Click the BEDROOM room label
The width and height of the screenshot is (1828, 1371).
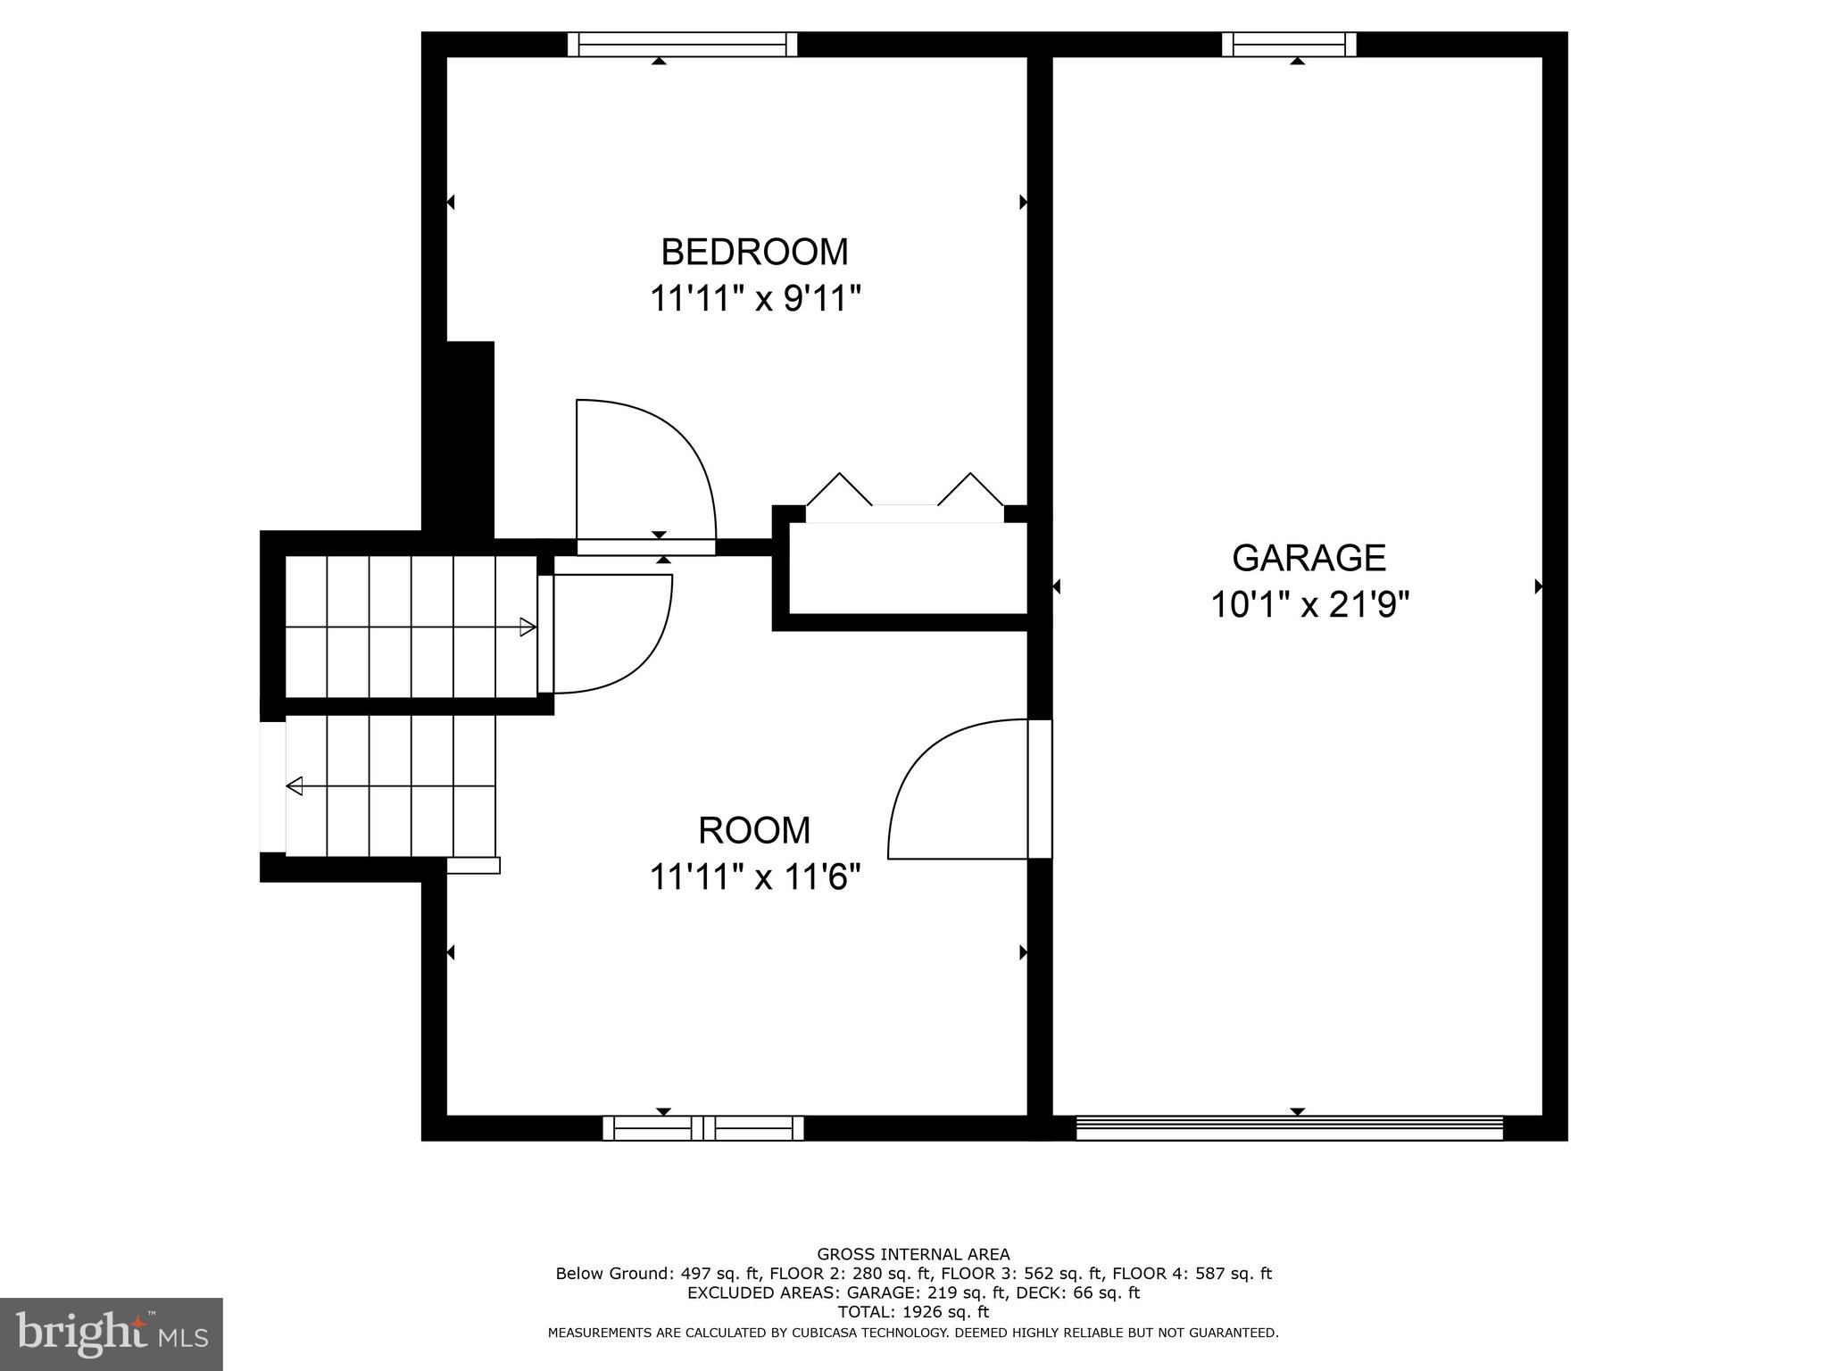click(x=754, y=253)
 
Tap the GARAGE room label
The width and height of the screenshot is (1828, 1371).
click(x=1309, y=558)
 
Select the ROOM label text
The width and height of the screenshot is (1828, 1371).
click(x=754, y=831)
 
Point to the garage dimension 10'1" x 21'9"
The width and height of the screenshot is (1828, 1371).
click(x=1309, y=606)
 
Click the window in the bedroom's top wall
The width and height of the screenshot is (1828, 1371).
click(x=682, y=45)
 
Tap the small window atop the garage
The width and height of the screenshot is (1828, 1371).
click(x=1288, y=45)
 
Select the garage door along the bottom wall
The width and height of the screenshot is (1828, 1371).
click(x=1289, y=1128)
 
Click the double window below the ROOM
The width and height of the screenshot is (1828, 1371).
click(x=703, y=1128)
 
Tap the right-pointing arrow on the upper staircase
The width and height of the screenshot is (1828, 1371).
click(x=528, y=627)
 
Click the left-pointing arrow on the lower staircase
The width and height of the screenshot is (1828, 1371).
click(x=295, y=786)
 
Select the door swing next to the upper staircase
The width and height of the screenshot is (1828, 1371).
click(x=611, y=634)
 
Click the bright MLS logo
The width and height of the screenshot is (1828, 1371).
click(x=111, y=1334)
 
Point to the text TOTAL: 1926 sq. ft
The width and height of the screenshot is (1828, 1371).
click(x=913, y=1312)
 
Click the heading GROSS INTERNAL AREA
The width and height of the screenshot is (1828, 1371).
click(x=913, y=1254)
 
